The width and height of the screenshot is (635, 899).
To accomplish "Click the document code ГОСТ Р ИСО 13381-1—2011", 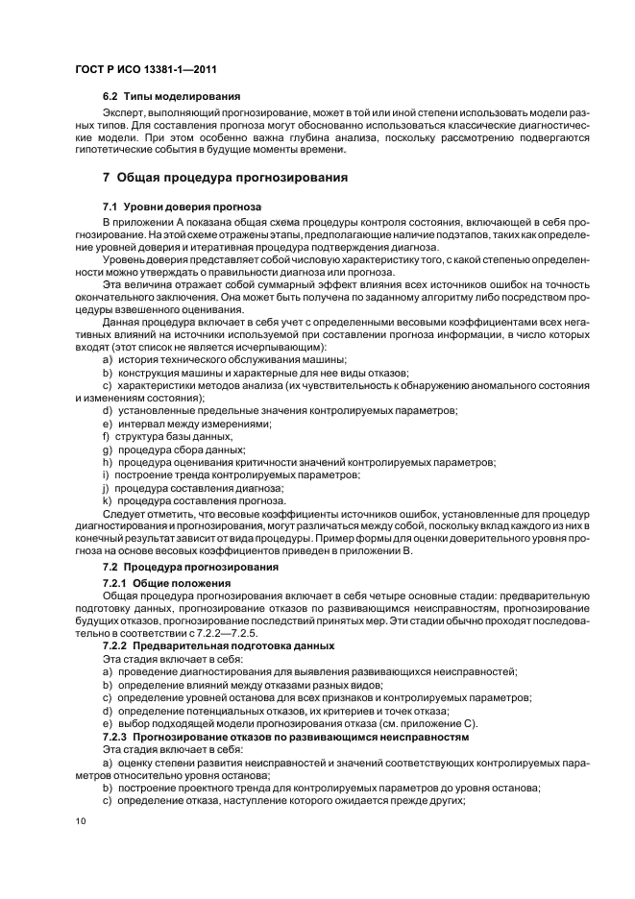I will pyautogui.click(x=138, y=70).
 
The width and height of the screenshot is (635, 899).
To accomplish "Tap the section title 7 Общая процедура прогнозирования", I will pyautogui.click(x=225, y=179).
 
